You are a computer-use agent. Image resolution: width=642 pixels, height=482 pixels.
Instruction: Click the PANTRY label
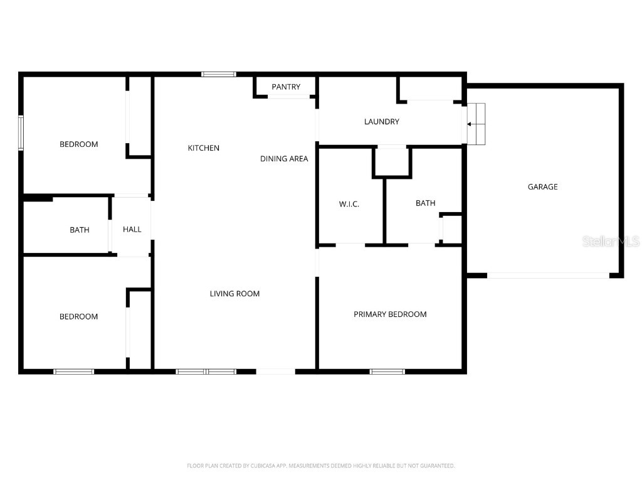286,87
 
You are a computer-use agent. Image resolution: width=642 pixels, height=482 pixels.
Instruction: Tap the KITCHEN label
204,148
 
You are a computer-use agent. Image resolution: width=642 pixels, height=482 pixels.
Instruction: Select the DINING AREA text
284,159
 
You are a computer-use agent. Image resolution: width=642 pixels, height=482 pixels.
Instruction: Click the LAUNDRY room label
381,122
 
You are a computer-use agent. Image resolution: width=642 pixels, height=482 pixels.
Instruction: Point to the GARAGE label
542,186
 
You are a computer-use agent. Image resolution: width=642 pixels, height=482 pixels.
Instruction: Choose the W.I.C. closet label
349,204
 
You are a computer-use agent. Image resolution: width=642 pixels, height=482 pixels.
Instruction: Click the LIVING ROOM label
234,293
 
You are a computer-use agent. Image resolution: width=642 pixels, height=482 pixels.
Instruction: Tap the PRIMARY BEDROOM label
390,314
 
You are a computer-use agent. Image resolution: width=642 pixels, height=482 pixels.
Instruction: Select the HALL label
132,229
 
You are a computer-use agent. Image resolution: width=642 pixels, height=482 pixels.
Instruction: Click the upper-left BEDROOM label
79,144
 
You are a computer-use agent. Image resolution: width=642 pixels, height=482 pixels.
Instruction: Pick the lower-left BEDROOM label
79,316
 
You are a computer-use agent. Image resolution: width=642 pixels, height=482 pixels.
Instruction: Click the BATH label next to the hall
80,230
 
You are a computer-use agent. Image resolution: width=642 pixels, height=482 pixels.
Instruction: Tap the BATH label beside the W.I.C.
425,203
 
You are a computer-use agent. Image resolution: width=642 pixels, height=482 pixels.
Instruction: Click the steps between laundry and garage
477,124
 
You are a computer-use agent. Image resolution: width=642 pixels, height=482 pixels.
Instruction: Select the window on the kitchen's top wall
219,74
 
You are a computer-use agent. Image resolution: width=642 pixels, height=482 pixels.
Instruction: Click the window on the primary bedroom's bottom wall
387,372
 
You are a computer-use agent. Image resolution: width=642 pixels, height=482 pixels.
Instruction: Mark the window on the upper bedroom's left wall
21,132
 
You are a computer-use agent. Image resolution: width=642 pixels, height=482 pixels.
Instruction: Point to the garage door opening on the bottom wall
548,275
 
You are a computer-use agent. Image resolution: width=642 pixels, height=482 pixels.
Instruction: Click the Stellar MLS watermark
610,242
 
